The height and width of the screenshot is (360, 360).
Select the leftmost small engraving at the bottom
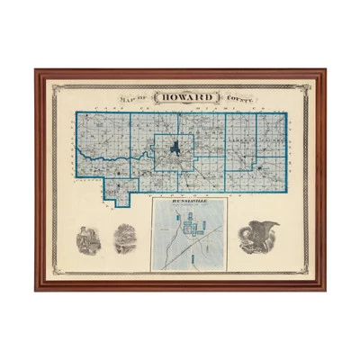pos(88,239)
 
